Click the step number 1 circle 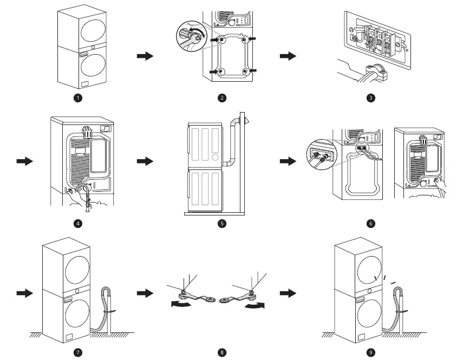tap(79, 97)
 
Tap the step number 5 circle tap(222, 223)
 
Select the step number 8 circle tap(222, 352)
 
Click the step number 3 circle tap(370, 97)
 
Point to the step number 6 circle tap(370, 223)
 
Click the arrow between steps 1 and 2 tap(145, 56)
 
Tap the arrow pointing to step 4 tap(25, 161)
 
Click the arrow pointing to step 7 tap(25, 292)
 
